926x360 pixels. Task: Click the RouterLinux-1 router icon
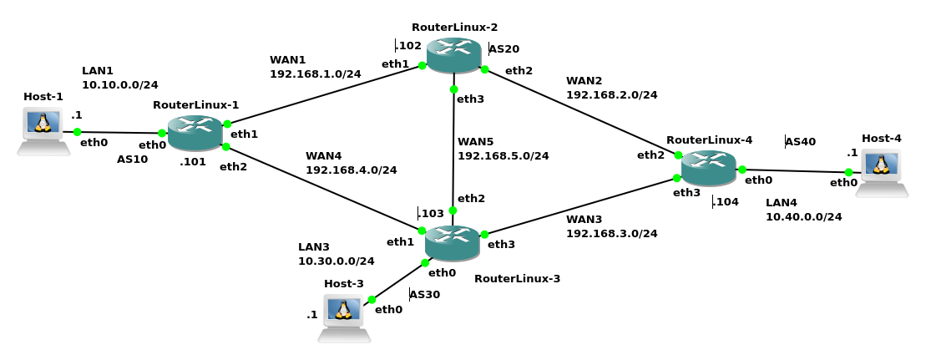click(195, 133)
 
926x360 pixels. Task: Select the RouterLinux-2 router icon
click(453, 55)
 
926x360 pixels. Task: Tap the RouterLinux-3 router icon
click(452, 243)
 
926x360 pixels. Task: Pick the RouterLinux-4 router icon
click(708, 168)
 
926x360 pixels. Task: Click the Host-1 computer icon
click(43, 130)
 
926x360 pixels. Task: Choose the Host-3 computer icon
click(343, 317)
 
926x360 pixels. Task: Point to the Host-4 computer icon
click(882, 171)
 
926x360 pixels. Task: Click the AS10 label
click(132, 159)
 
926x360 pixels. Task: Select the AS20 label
click(504, 49)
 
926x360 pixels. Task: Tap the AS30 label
click(425, 295)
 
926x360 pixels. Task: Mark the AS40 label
click(801, 142)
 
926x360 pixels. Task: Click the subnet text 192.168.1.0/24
click(315, 74)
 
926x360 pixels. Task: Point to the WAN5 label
click(475, 142)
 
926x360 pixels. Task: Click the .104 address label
click(726, 201)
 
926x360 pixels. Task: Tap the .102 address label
click(408, 45)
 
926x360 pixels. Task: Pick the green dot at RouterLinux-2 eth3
click(453, 89)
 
